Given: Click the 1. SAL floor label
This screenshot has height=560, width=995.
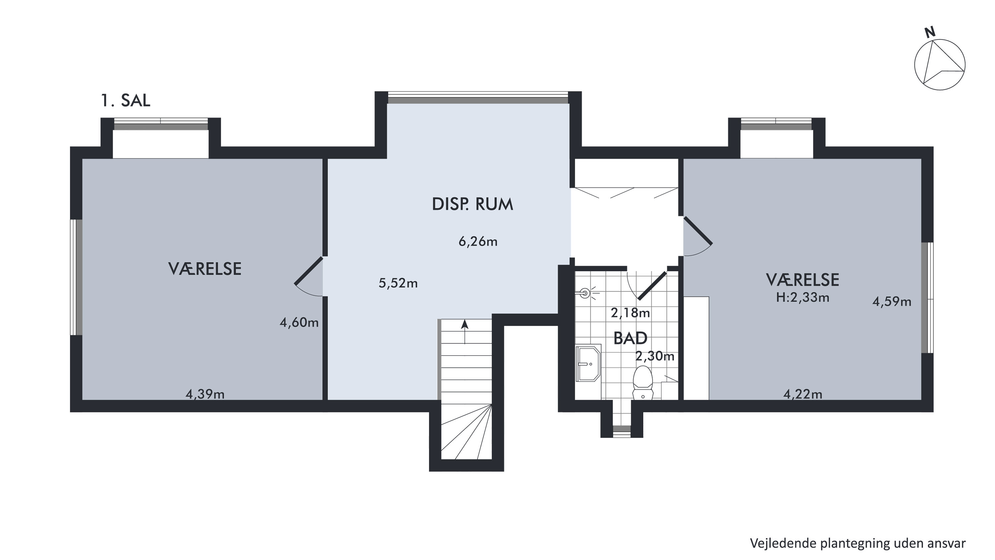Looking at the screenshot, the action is point(125,101).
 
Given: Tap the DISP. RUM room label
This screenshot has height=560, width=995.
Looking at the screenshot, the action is point(472,204).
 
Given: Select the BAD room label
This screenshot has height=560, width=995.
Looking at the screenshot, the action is point(630,338).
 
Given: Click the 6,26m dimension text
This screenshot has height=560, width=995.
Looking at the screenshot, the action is point(478,242).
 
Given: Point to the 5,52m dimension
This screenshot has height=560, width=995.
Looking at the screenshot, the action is point(398,283).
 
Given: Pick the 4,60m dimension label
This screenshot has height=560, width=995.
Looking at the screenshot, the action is point(299,322).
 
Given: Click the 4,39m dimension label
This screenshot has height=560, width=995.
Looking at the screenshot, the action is point(205,394).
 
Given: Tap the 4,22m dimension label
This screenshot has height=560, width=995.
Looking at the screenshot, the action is point(803,394).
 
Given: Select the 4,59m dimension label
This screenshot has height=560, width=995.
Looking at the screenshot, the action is point(892,302).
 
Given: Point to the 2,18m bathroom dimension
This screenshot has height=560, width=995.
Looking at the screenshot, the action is point(630,313).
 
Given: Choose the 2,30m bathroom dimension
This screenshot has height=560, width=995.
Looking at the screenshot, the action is point(655,356).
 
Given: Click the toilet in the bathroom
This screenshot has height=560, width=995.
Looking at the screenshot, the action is point(643,382).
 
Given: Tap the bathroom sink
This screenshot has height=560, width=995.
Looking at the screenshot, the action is point(588,363).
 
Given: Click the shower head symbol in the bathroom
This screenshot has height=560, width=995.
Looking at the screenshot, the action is point(585,294).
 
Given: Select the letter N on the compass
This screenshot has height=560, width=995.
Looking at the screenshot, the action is point(930,33).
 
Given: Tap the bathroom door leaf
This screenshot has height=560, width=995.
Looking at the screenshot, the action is point(652,286).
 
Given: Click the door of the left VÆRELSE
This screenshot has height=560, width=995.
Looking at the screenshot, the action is point(309,270).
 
